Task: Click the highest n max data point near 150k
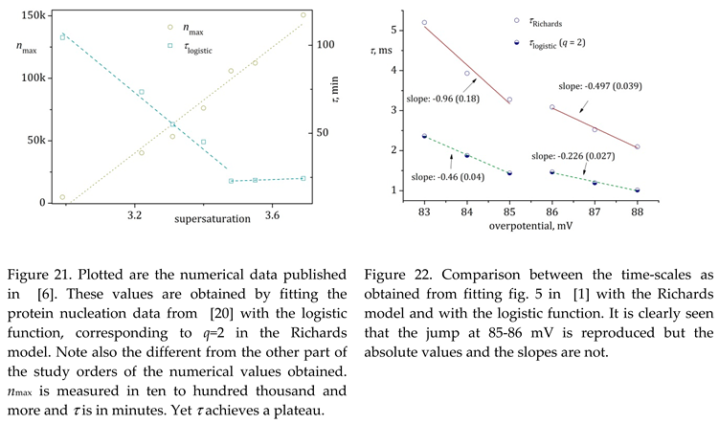[303, 15]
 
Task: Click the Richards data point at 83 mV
[424, 22]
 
